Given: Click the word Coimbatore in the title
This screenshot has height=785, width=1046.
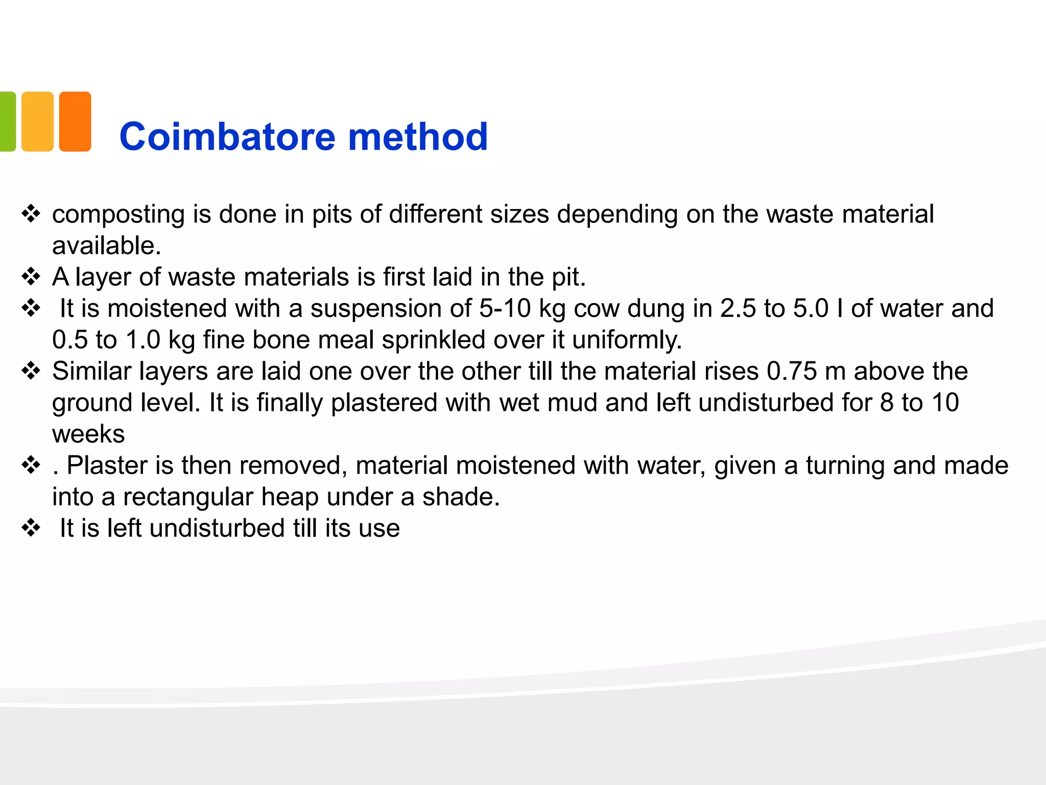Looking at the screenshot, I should click(x=227, y=137).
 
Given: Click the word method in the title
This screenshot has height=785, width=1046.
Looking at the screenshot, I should click(x=418, y=137).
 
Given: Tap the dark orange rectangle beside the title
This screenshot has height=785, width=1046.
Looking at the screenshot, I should click(x=75, y=122).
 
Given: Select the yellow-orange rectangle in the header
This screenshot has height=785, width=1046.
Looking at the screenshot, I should click(x=38, y=122).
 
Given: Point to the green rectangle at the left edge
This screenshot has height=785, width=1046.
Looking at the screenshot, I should click(x=7, y=122).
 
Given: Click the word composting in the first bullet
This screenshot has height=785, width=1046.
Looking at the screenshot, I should click(x=118, y=215).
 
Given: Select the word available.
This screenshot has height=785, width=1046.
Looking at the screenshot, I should click(x=106, y=246).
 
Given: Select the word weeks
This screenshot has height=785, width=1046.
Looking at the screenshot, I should click(x=88, y=434).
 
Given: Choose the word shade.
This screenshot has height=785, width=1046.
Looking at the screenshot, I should click(x=461, y=497).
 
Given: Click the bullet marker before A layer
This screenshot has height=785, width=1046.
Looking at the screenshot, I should click(x=31, y=277).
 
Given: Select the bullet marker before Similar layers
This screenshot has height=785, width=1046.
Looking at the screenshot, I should click(x=31, y=371).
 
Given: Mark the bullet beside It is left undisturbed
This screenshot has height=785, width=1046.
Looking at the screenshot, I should click(x=31, y=528).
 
